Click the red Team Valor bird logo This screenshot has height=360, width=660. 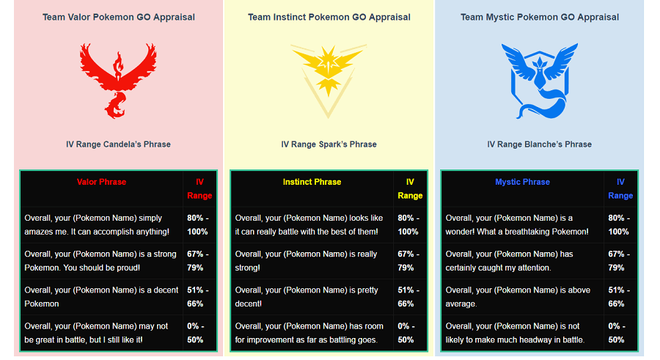point(118,80)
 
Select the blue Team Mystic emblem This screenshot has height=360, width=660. point(540,80)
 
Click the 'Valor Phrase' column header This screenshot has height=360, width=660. point(101,182)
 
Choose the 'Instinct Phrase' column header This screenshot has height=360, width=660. point(312,182)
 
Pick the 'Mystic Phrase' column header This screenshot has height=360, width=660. point(522,182)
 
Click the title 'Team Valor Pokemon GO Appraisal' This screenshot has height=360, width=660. point(119,18)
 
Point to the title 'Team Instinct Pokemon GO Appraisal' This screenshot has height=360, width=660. point(329,18)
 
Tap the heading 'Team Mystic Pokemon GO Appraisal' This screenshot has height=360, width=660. point(540,18)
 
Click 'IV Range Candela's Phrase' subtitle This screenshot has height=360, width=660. point(118,144)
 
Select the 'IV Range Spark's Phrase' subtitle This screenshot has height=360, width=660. point(329,144)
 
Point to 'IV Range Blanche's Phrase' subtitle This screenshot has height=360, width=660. point(539,144)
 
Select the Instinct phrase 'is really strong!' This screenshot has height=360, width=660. point(306,261)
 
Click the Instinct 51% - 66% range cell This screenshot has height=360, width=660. point(408,297)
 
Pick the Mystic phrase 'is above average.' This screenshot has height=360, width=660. point(518,297)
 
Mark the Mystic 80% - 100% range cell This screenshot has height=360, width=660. point(619,225)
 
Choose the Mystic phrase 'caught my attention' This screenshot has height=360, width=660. point(510,261)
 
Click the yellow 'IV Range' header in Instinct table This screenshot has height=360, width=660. point(410,188)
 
